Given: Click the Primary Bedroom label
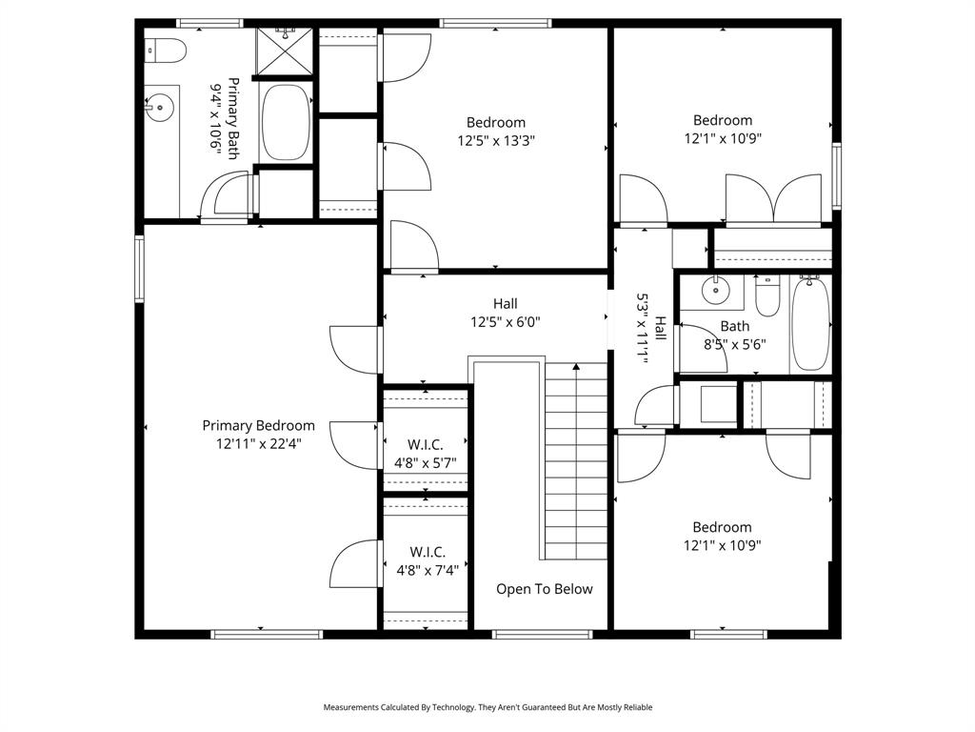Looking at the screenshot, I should [x=258, y=426].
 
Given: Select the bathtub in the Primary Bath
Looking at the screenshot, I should [x=285, y=123].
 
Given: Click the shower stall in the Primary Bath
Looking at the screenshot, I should [x=285, y=51].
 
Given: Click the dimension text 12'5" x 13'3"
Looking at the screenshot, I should [x=495, y=140].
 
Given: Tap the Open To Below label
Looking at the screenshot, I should [x=544, y=589].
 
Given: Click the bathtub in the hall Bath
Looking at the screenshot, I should [x=810, y=322].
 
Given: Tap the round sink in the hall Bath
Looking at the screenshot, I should [x=715, y=290].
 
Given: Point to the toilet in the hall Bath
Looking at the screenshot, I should [x=766, y=296].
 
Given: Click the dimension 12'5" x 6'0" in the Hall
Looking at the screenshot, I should [x=506, y=322].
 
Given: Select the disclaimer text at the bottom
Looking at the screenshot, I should [x=487, y=707].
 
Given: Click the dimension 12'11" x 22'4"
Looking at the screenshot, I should [x=258, y=444].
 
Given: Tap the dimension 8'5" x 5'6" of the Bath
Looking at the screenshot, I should [x=734, y=344].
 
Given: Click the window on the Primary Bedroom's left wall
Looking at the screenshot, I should [x=139, y=269].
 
